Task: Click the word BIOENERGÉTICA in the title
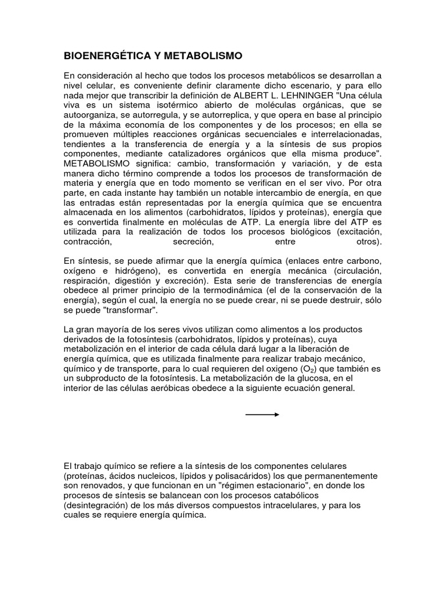103,56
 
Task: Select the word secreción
190,241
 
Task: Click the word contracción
86,241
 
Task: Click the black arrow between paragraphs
262,414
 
